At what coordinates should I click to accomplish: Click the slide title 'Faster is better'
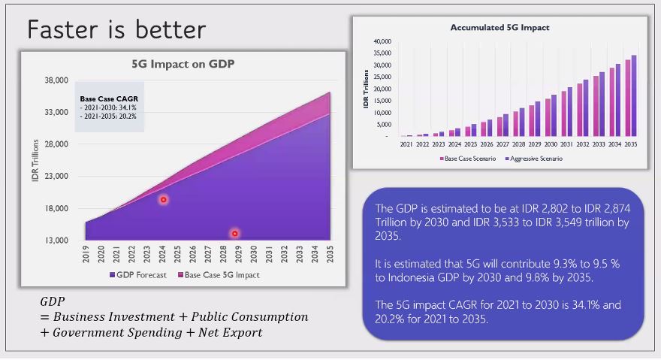(x=116, y=29)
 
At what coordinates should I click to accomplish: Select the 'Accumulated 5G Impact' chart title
(x=500, y=28)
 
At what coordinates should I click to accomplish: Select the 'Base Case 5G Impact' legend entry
(x=218, y=275)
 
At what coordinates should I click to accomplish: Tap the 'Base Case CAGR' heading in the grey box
(x=108, y=99)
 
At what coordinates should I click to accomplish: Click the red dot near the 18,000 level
(x=163, y=199)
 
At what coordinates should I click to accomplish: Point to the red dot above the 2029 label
(x=234, y=233)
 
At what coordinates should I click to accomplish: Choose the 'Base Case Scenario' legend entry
(x=469, y=159)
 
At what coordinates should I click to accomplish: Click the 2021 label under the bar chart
(x=406, y=144)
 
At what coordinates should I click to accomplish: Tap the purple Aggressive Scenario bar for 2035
(x=634, y=95)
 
